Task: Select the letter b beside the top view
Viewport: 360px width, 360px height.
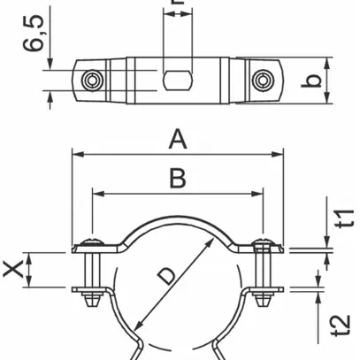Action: tap(337, 81)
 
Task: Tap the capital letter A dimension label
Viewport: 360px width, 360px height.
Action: tap(179, 138)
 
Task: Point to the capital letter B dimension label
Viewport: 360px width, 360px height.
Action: tap(177, 179)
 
